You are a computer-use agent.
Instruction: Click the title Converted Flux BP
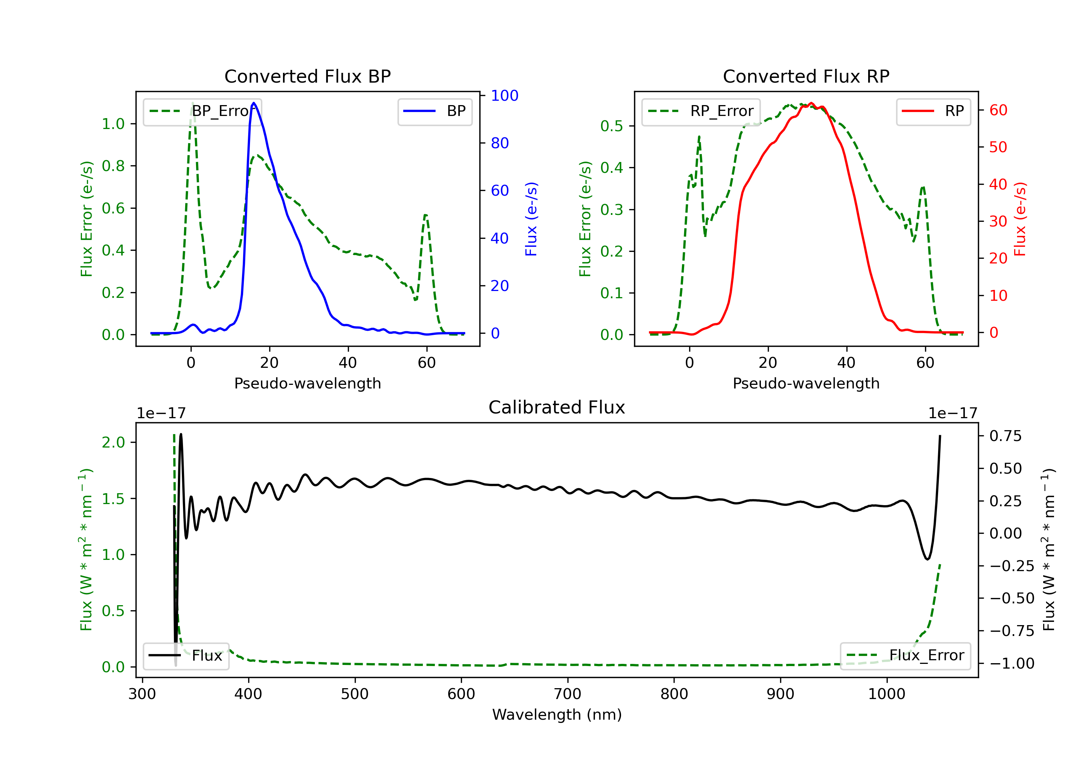coord(308,76)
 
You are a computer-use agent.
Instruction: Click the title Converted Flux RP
coord(806,76)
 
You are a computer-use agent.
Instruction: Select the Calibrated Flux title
coord(557,407)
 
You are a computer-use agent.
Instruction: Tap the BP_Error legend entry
coord(202,111)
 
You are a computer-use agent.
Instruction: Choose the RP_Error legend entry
coord(701,111)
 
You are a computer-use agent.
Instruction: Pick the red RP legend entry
coord(933,111)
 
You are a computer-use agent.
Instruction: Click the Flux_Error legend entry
coord(905,656)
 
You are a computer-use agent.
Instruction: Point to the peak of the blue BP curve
coord(254,103)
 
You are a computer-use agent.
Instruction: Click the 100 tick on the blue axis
coord(504,96)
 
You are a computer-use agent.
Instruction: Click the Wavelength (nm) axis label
coord(557,715)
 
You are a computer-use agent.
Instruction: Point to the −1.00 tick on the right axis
coord(1012,664)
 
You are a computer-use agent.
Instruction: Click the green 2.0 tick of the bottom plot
coord(113,442)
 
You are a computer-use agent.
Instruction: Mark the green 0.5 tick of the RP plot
coord(612,126)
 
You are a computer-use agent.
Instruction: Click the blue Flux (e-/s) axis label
coord(531,219)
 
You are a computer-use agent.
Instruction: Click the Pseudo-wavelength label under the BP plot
coord(308,383)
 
